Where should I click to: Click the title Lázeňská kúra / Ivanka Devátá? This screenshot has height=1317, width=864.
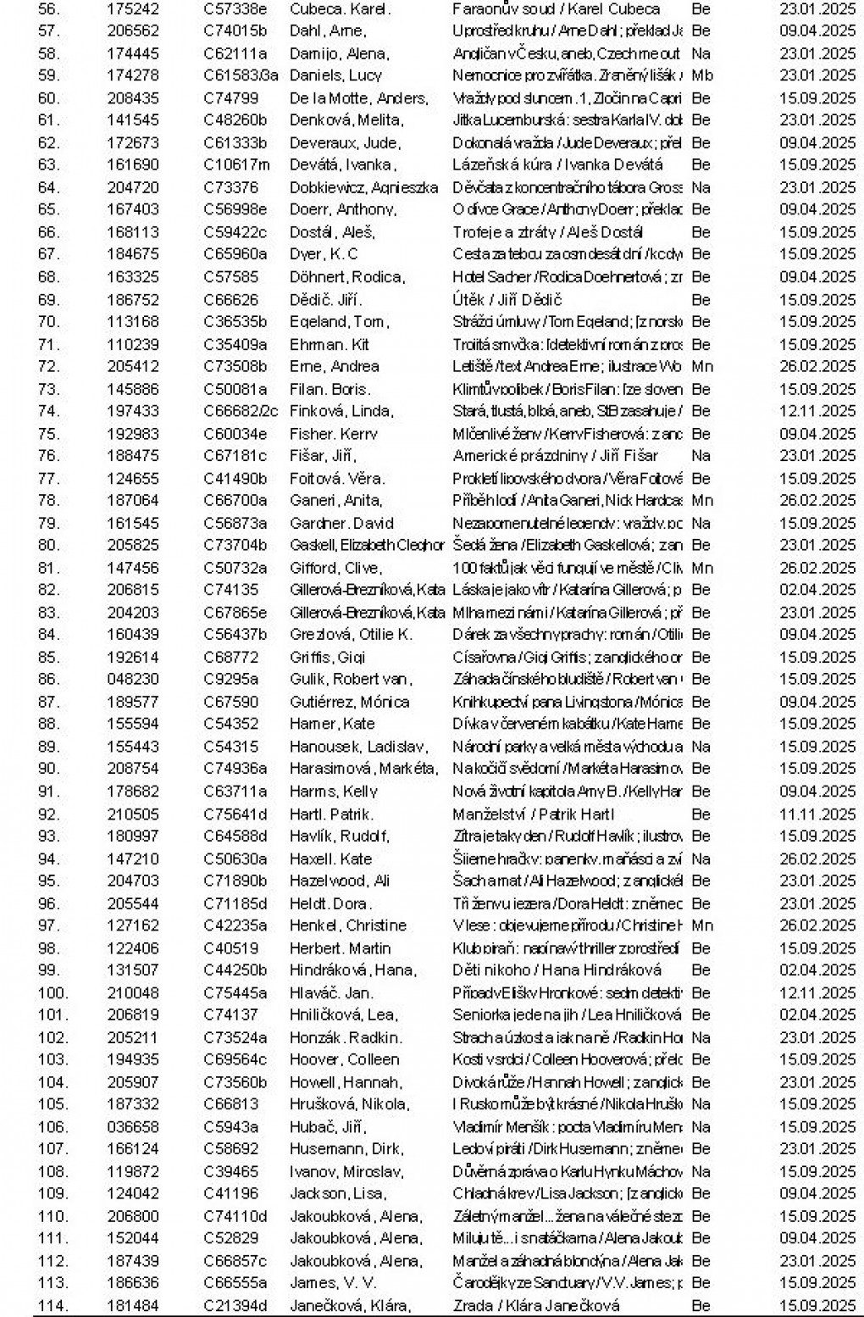[557, 165]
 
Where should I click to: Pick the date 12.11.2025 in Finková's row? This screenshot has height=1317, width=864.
[817, 412]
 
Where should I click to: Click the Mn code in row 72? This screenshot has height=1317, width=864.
[701, 367]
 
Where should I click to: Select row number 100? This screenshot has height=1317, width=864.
[53, 993]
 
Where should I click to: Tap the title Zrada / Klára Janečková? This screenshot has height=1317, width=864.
[536, 1306]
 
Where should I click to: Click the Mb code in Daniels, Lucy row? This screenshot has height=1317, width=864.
[702, 75]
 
